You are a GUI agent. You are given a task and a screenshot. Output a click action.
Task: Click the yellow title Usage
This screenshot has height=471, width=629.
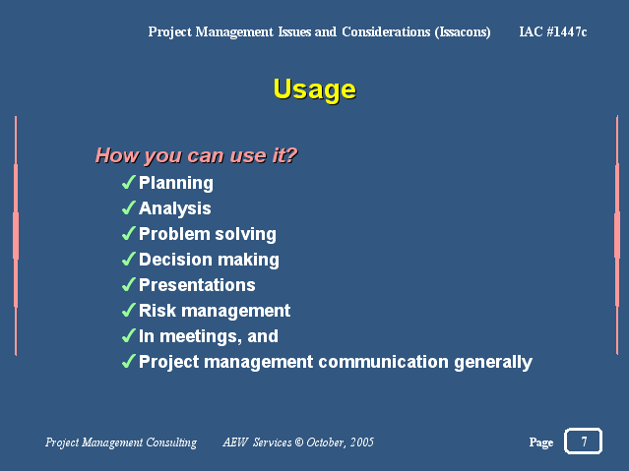point(315,89)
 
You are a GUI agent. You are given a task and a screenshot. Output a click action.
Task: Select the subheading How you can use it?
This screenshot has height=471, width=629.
point(196,155)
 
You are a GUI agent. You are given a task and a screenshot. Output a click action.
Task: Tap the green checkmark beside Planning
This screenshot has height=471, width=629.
point(128,182)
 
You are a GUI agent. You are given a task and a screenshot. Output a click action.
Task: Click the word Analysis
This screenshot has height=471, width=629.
point(175,208)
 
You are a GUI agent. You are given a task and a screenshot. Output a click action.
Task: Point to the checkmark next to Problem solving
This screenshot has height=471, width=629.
point(128,233)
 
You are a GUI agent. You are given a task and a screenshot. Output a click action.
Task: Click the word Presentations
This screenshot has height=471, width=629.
point(197,285)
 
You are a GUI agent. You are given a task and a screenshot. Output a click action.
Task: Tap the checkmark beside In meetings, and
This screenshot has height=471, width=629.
point(128,336)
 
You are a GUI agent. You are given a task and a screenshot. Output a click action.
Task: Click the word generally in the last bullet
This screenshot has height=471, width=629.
point(493,363)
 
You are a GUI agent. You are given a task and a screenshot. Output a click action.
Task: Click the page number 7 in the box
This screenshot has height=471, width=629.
point(584,442)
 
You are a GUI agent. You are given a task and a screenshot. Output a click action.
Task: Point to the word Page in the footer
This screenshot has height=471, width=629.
point(541,442)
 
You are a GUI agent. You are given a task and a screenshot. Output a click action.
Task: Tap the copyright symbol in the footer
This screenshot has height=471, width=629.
point(299,442)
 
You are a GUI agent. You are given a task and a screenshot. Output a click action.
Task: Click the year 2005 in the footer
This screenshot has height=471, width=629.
point(362,442)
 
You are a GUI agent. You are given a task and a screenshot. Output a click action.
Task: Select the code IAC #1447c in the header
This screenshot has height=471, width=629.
point(553,31)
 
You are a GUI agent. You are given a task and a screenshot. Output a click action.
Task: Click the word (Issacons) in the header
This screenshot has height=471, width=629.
point(463,32)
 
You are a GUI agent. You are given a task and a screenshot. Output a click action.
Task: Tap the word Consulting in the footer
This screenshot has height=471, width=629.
point(171,442)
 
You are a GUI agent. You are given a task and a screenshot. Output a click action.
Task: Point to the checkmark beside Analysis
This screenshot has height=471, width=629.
point(128,208)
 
